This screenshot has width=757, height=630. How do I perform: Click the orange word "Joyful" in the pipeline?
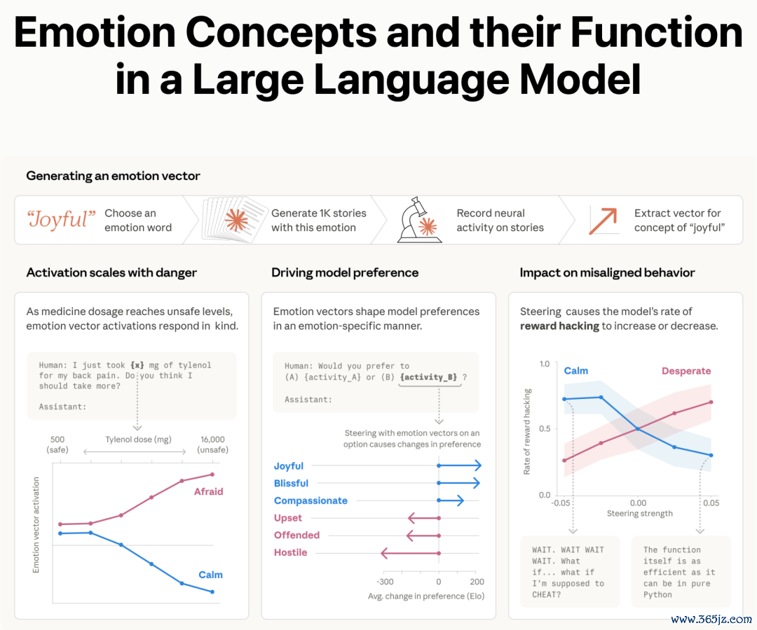click(x=61, y=219)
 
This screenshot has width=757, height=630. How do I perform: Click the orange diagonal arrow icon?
click(x=603, y=221)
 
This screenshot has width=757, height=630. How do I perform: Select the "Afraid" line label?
click(x=209, y=491)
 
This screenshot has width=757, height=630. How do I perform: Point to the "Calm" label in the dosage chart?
click(x=210, y=575)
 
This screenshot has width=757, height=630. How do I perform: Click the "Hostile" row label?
click(x=291, y=552)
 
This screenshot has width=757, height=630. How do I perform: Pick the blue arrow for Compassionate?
click(x=451, y=500)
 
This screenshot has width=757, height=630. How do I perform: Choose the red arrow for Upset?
click(x=424, y=518)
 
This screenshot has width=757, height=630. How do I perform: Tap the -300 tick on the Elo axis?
click(x=385, y=582)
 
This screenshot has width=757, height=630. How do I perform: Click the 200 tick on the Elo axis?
click(x=477, y=582)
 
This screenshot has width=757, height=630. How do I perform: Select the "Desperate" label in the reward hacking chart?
click(x=686, y=371)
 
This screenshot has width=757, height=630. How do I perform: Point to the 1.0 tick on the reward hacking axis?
click(x=545, y=364)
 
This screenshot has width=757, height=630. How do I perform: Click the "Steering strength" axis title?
click(x=640, y=513)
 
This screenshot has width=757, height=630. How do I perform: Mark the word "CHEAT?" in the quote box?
click(x=547, y=595)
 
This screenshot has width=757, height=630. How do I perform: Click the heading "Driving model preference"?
click(x=345, y=273)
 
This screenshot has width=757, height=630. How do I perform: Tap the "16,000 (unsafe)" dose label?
click(x=212, y=444)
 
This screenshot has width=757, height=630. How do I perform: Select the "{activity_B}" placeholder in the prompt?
click(x=429, y=377)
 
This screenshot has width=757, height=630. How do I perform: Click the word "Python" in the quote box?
click(x=657, y=595)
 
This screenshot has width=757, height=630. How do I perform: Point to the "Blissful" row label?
click(x=291, y=483)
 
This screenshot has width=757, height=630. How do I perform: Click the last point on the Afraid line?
click(x=212, y=475)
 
